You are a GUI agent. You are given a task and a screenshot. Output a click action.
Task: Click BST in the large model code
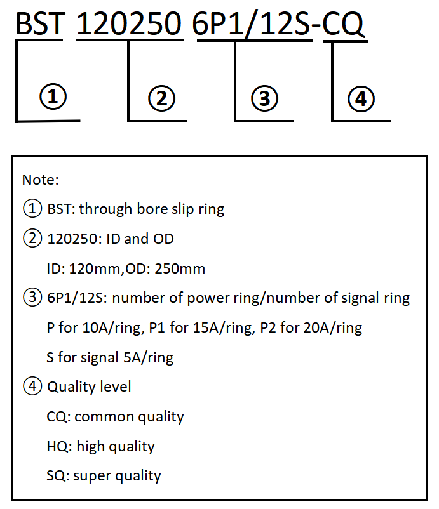coord(40,23)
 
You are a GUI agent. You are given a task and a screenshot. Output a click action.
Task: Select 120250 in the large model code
coord(129,23)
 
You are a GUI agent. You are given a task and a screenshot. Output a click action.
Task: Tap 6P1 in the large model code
coord(218,23)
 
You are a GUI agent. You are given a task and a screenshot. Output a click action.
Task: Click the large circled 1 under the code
coord(53,96)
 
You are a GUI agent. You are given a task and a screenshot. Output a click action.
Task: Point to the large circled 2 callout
coord(161,98)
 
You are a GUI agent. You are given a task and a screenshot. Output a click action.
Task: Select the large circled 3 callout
coord(264,98)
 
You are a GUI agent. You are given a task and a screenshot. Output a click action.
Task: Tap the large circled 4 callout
coord(361,99)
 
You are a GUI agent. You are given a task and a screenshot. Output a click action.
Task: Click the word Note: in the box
coord(40,180)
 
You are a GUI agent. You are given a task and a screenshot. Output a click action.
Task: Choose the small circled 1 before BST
coord(32,208)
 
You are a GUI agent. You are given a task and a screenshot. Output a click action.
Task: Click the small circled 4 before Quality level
coord(32,386)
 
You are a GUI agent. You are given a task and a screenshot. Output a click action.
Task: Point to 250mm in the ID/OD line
coord(180,269)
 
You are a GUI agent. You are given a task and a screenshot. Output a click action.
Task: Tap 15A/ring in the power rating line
coord(224,328)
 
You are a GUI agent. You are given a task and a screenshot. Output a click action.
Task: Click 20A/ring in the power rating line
coord(333,328)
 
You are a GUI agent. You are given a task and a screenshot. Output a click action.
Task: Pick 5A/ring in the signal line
coord(148,358)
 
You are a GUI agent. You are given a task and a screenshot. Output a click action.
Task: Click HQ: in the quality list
coord(60,446)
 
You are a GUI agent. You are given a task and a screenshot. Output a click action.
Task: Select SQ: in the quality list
coord(58,476)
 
